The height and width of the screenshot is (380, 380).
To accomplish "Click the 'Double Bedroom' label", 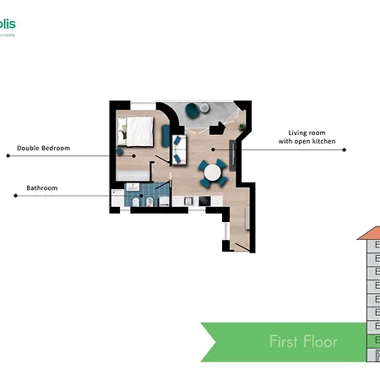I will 43,148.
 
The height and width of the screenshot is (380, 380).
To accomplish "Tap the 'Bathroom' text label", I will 42,187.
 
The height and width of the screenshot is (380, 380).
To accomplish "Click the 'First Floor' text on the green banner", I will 303,341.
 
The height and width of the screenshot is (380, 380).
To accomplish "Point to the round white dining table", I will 211,174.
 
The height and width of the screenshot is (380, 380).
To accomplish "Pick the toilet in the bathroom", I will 147,202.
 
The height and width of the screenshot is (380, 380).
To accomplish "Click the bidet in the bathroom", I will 164,202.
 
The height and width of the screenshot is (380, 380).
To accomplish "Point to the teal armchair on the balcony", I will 192,109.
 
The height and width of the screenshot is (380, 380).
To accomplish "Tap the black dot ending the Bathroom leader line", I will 15,196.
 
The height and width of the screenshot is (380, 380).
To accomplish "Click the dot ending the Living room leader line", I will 345,149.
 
